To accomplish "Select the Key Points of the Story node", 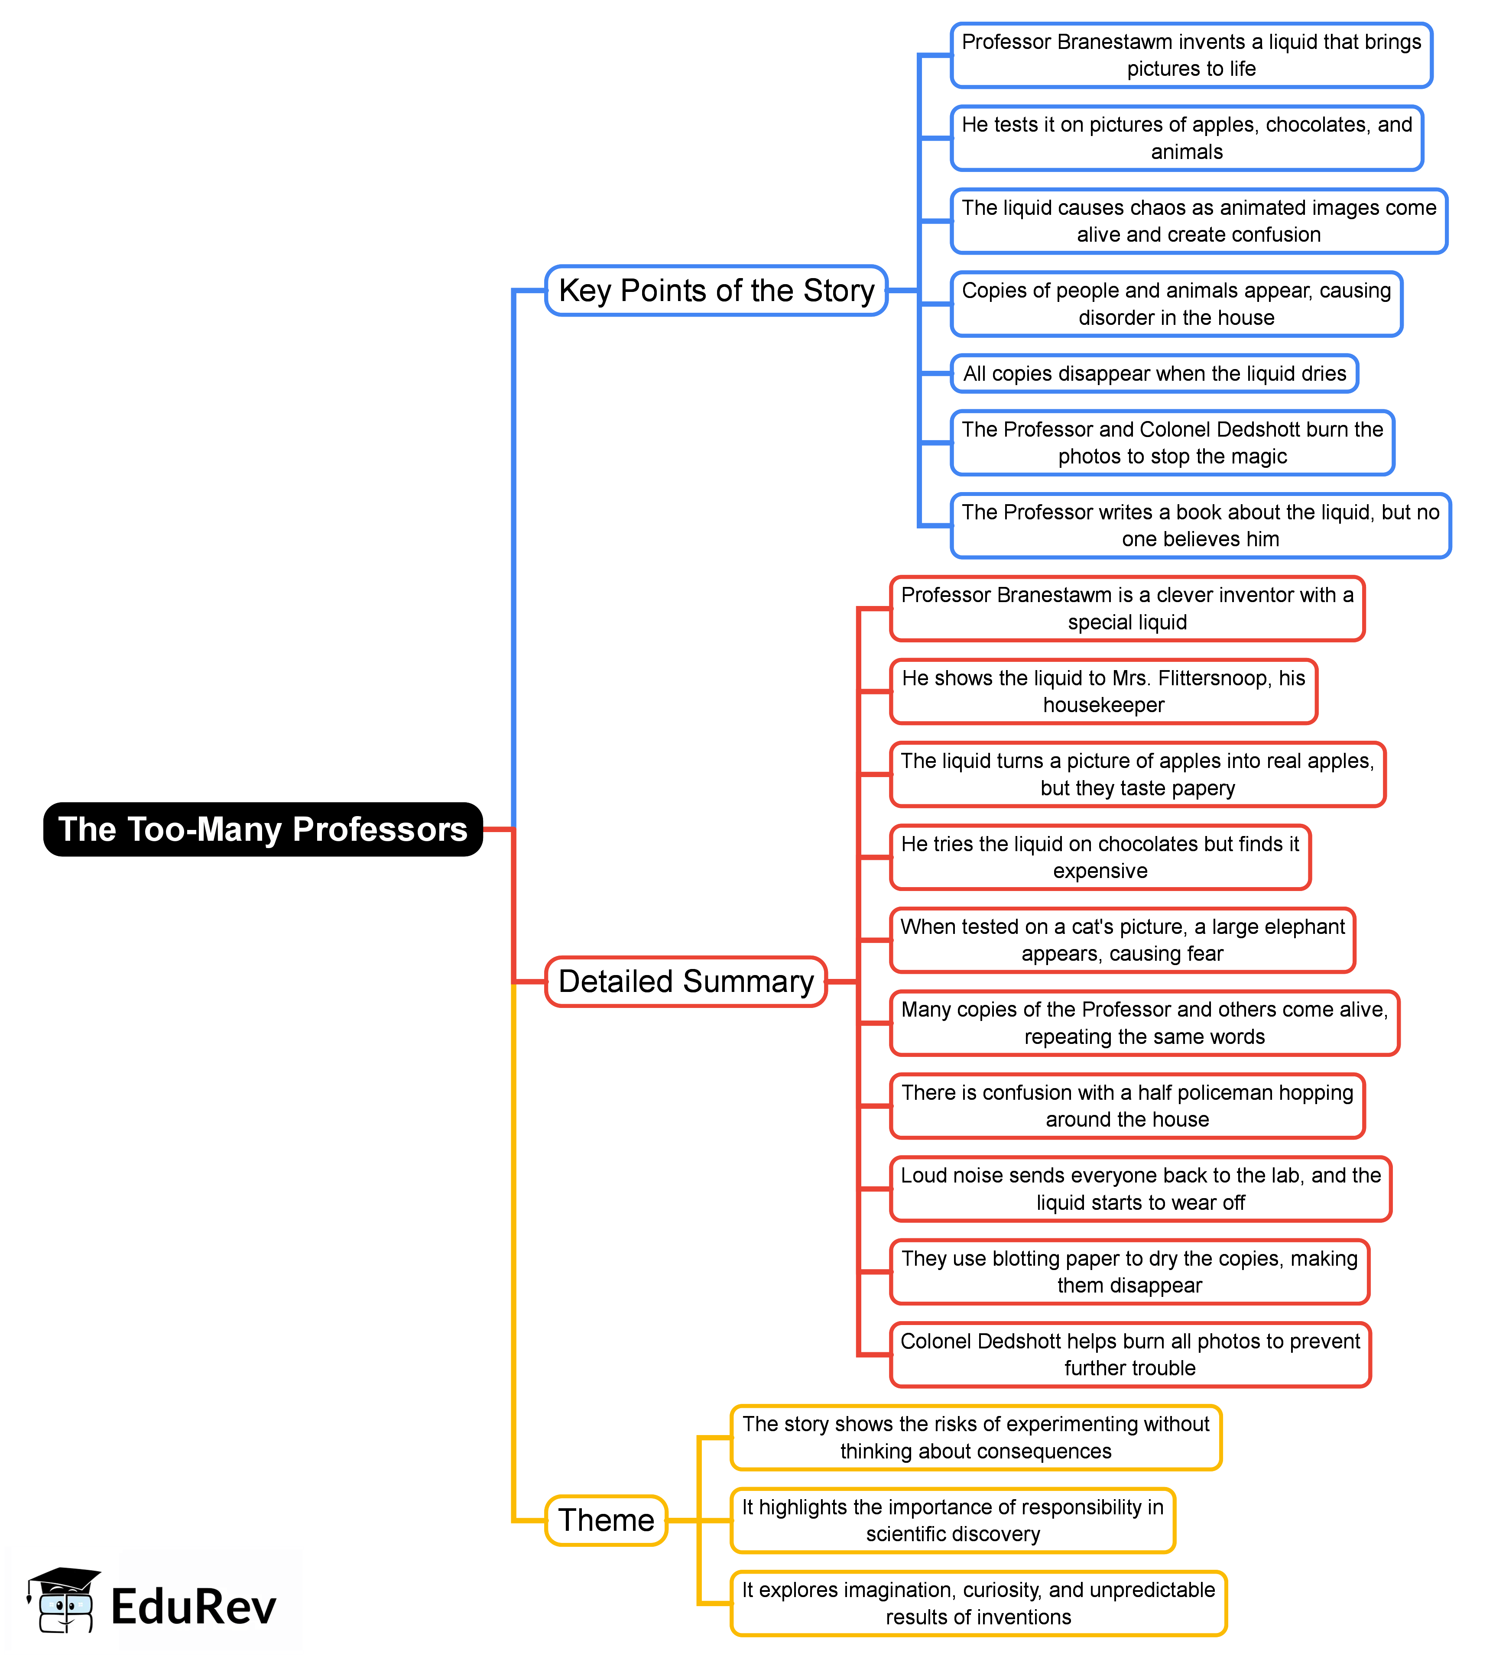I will click(x=716, y=290).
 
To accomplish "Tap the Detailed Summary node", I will click(x=685, y=981).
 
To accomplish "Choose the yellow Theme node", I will click(x=606, y=1520).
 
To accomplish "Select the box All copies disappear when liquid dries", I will click(x=1154, y=374).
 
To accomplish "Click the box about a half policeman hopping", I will click(x=1127, y=1106).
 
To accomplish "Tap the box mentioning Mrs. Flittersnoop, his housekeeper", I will click(x=1103, y=691).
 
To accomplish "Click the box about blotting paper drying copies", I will click(x=1129, y=1272).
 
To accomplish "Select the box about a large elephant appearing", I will click(x=1122, y=940).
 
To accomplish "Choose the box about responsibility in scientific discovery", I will click(x=953, y=1520).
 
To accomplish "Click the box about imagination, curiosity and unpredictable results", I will click(x=978, y=1603).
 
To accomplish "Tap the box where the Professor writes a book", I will click(x=1200, y=526).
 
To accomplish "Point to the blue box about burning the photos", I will click(x=1172, y=443).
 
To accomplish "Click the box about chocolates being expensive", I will click(x=1100, y=857).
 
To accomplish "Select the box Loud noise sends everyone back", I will click(x=1140, y=1189).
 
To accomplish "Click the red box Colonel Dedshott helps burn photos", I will click(x=1130, y=1355).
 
